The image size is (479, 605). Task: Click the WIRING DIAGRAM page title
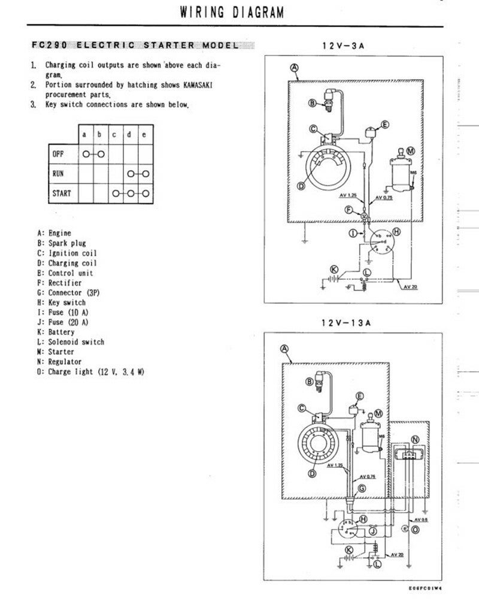(232, 12)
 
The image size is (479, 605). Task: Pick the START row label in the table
(62, 193)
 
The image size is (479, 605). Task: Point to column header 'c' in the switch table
(114, 135)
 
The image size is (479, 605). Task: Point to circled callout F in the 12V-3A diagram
(349, 209)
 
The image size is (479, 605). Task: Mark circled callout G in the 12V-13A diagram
(361, 489)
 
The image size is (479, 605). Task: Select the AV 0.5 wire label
(422, 520)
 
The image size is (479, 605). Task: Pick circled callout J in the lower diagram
(372, 531)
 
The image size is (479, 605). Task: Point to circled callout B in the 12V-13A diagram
(310, 381)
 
